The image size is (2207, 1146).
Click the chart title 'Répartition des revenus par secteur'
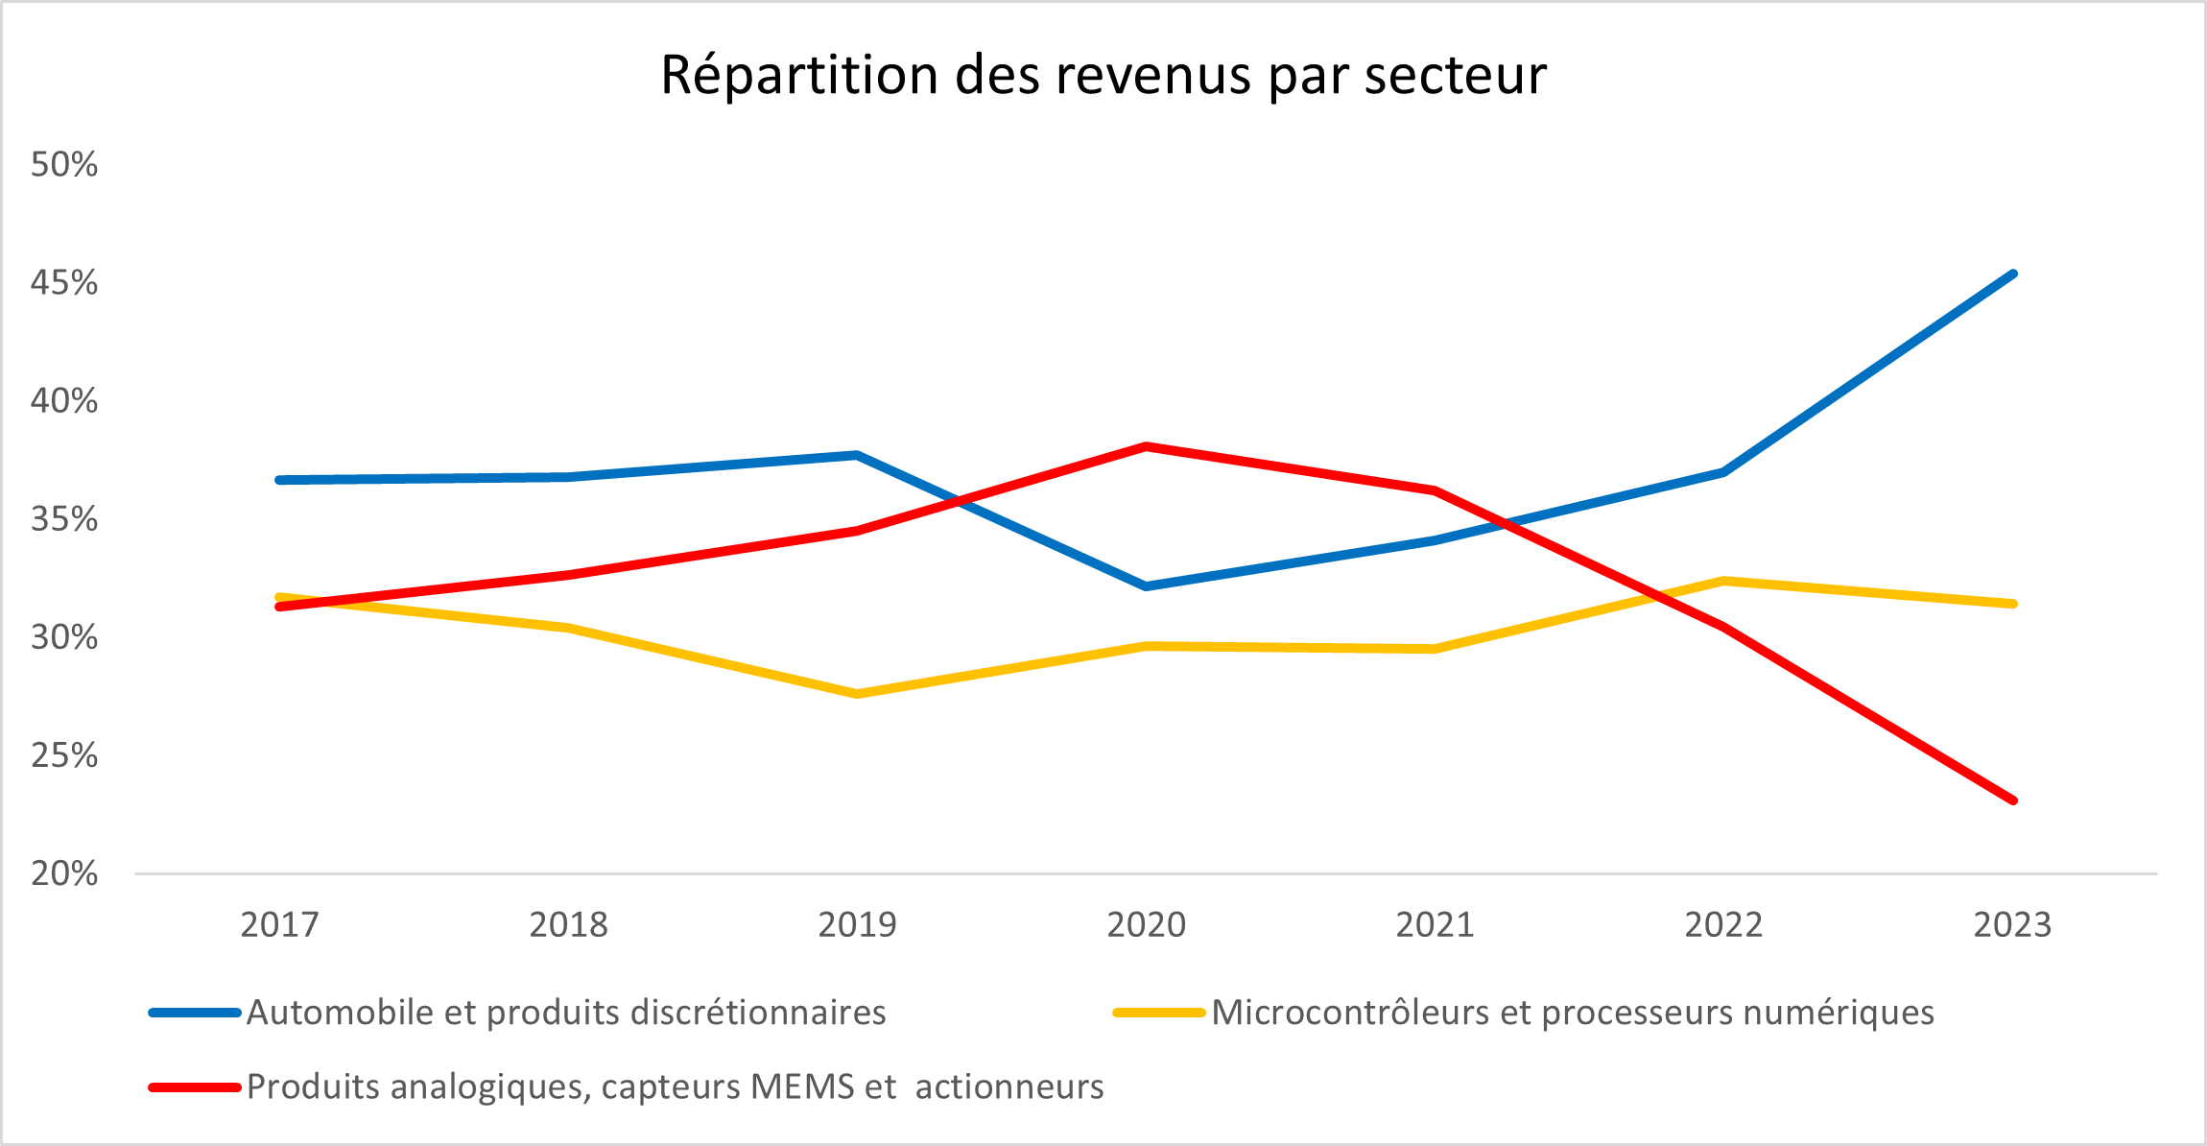(1103, 75)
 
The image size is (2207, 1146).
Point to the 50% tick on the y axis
(64, 164)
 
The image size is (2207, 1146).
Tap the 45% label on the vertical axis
(64, 282)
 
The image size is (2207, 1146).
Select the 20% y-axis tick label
(64, 873)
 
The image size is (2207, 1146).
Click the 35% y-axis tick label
(64, 519)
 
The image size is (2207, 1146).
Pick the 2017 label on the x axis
(279, 924)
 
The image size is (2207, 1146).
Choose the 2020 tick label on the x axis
(1147, 924)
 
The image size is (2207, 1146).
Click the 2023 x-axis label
(2012, 924)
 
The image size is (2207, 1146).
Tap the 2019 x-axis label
(857, 924)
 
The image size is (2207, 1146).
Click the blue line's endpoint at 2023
(2013, 275)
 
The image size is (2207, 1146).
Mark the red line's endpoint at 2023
(2013, 800)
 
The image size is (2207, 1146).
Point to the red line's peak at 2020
(1147, 446)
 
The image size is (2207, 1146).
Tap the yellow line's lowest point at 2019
(857, 694)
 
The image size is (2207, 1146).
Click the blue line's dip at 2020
(1147, 586)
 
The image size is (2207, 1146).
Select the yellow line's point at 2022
(1724, 581)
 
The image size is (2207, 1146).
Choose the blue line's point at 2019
(857, 455)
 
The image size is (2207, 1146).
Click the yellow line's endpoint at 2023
(2013, 604)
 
